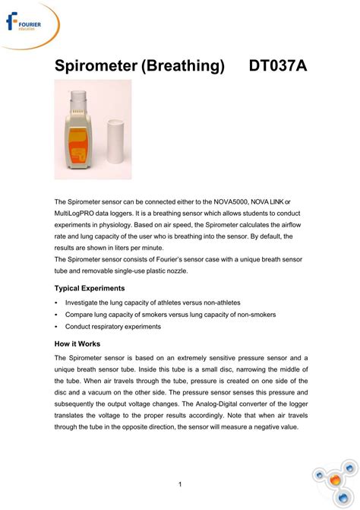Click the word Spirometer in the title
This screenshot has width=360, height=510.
[x=95, y=67]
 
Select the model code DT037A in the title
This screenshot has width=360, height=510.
[x=278, y=67]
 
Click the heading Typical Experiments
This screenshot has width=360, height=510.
[x=90, y=289]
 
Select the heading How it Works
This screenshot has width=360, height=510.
[x=77, y=344]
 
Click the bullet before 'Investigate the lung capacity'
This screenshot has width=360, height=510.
[x=57, y=303]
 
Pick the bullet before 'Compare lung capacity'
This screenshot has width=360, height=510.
[x=57, y=315]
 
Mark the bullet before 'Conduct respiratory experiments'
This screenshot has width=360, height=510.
[x=57, y=327]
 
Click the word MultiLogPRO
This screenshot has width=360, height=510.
[x=77, y=214]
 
